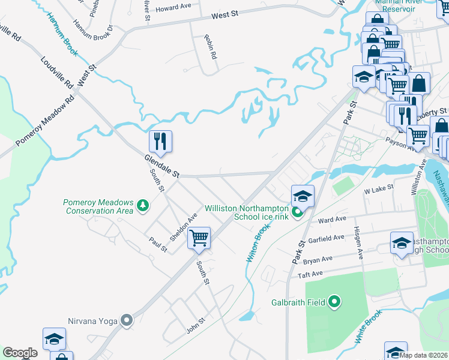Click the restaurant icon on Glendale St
pos(160,141)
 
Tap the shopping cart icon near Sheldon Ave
pos(199,238)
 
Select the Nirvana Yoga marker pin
pos(126,320)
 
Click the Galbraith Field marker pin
pos(335,302)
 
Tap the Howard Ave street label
pos(173,9)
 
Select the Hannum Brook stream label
pos(62,35)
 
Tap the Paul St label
pos(158,244)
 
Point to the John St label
pos(196,326)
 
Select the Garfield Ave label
pos(327,238)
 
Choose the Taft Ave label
pos(311,274)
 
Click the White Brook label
pos(367,326)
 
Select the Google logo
pos(20,353)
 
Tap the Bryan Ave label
pos(318,259)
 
